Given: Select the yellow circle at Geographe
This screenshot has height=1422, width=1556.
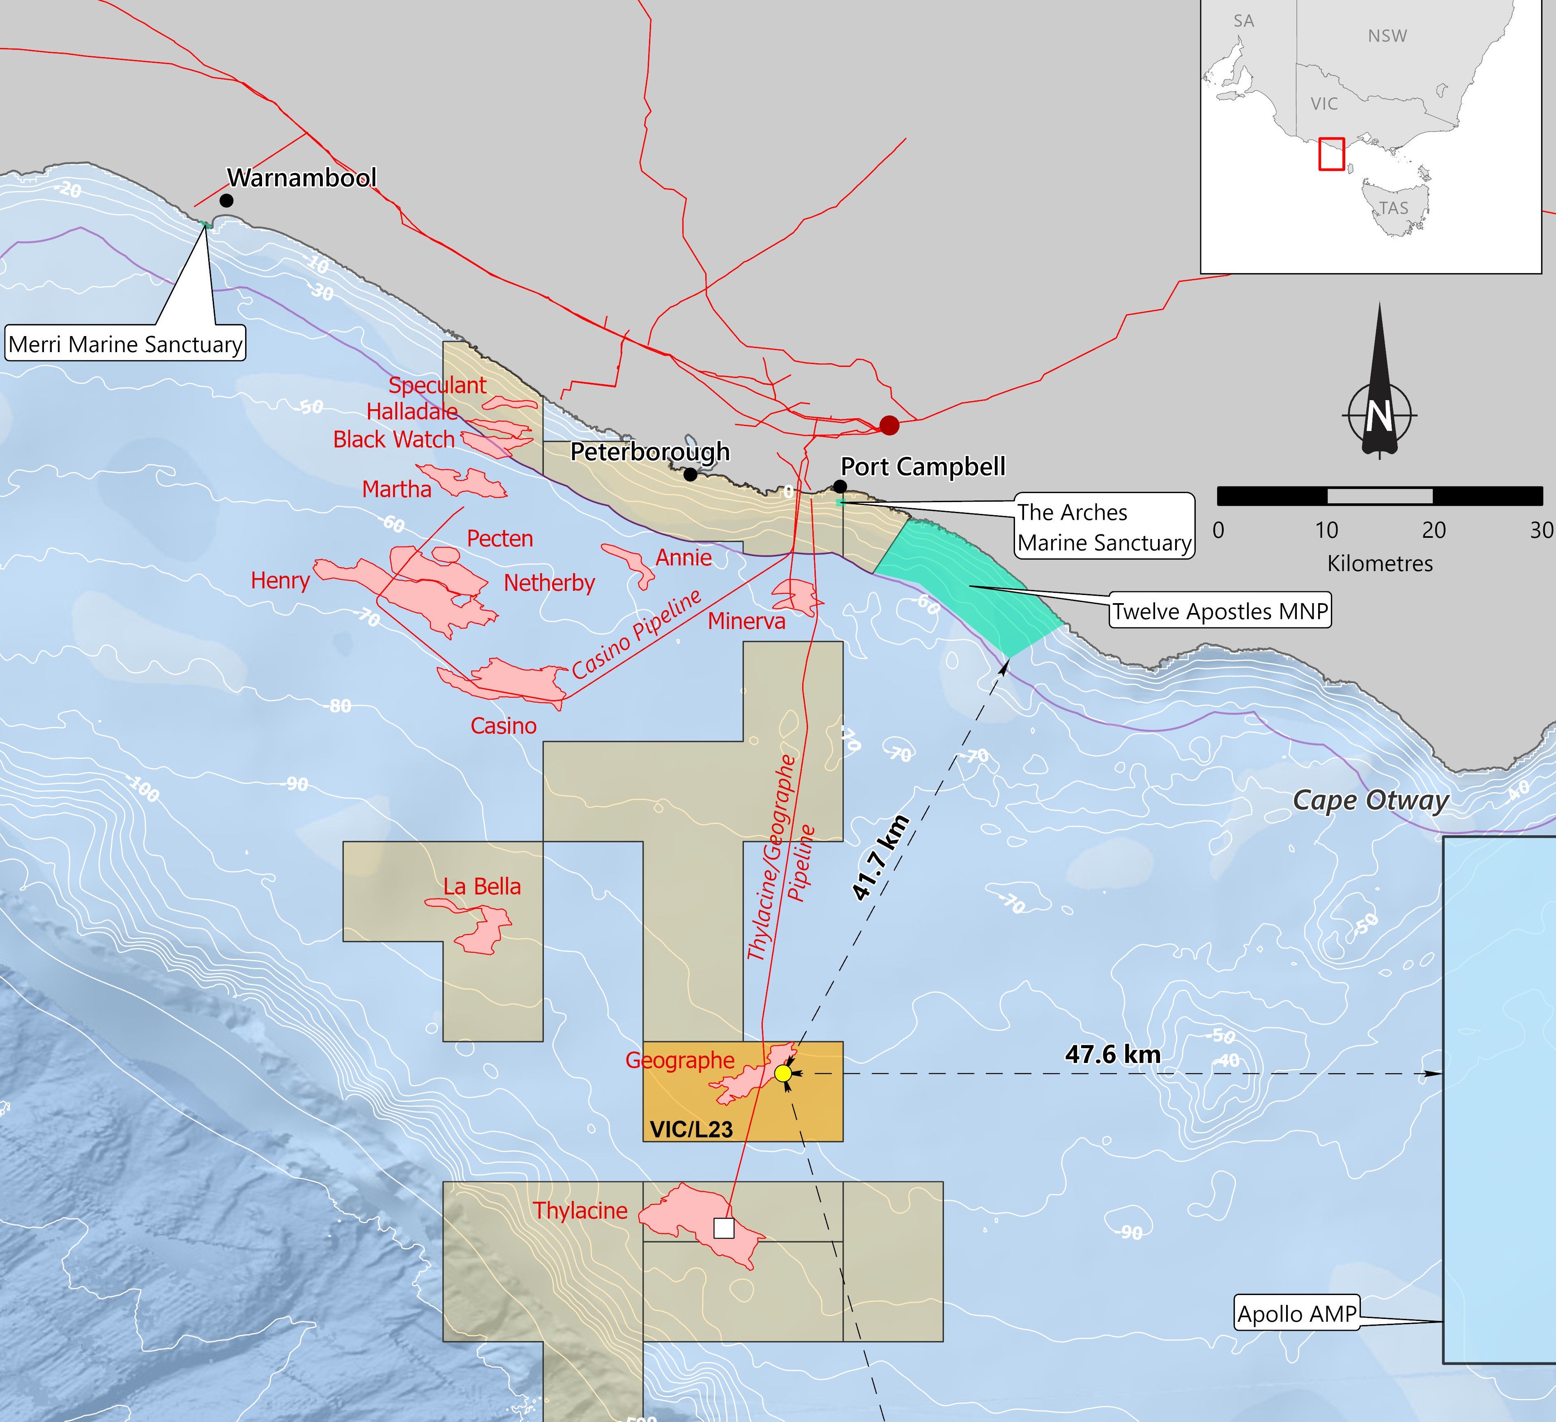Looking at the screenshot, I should click(x=783, y=1073).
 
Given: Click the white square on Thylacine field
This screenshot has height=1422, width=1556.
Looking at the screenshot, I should click(x=723, y=1228).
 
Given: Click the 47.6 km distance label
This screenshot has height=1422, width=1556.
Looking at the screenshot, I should click(x=1112, y=1055).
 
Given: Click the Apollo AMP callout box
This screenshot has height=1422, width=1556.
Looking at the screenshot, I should click(x=1297, y=1314).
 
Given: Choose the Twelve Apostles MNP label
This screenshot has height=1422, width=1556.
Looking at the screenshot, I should click(x=1220, y=611).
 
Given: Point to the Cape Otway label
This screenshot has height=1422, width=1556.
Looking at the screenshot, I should click(x=1371, y=800).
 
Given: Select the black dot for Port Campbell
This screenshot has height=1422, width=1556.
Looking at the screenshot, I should click(x=840, y=486).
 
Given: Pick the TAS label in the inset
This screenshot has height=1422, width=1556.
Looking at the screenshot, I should click(x=1393, y=208).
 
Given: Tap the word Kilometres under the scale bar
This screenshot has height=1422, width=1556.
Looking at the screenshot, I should click(x=1379, y=564).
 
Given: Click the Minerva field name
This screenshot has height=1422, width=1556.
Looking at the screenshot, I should click(x=746, y=621).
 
